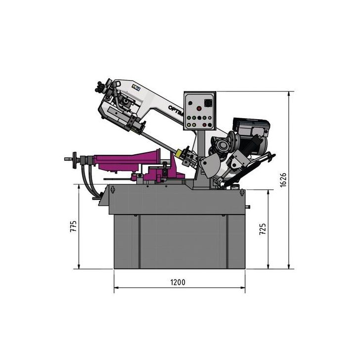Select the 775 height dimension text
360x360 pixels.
tap(74, 226)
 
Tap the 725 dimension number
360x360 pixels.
tap(263, 228)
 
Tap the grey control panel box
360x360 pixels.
tap(200, 111)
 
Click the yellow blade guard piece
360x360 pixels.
tap(187, 152)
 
